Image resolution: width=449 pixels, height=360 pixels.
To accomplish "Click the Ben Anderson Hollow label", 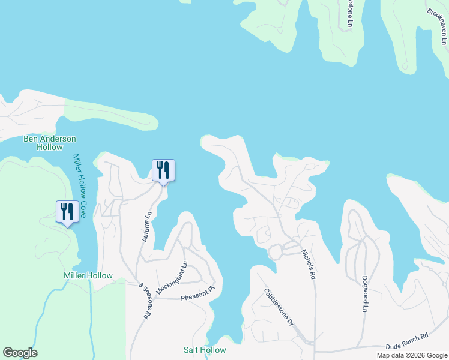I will (50, 143).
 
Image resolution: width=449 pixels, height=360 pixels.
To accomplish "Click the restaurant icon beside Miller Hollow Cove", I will (66, 211).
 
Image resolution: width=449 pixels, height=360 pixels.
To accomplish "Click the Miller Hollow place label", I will (88, 276).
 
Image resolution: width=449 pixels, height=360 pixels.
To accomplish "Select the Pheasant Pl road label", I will (197, 293).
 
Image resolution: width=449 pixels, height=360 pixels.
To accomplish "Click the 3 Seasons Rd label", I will (144, 300).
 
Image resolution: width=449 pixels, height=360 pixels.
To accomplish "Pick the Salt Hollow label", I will (205, 350).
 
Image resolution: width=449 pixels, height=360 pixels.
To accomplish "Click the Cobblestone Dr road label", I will (278, 307).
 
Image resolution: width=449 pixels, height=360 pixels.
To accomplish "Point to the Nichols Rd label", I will (308, 265).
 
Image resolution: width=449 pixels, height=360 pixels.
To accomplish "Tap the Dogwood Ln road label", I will (364, 294).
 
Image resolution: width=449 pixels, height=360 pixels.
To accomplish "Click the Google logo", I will (20, 353).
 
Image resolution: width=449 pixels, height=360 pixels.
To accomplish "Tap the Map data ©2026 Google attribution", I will (412, 355).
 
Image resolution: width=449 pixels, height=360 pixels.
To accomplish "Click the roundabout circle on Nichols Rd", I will (276, 252).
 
